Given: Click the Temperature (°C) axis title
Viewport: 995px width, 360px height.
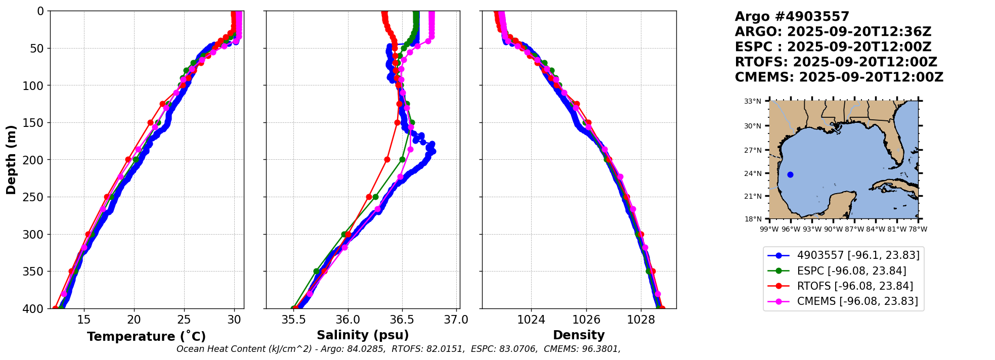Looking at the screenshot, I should [x=146, y=337].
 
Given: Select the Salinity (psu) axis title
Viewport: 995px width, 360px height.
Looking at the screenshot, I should [x=363, y=335].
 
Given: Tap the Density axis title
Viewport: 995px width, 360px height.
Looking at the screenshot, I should [x=579, y=335].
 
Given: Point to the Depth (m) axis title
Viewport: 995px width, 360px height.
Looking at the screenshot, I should [x=11, y=160].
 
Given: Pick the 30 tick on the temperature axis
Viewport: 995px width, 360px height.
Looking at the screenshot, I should [x=234, y=320].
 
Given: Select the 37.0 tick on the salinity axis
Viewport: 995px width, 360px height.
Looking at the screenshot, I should [x=456, y=320].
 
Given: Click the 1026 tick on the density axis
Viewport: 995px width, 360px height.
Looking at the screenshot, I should [x=586, y=320].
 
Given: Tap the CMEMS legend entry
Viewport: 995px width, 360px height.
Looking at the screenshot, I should [x=857, y=301].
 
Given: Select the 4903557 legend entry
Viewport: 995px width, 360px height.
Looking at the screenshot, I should [x=858, y=255].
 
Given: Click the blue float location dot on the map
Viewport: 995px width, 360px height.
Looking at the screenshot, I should [x=791, y=175].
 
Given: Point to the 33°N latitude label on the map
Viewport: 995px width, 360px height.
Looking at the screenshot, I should [x=753, y=102].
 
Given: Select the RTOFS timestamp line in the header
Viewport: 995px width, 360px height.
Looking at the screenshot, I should [x=836, y=62].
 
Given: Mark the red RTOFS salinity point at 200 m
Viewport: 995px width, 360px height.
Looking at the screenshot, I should [x=387, y=160].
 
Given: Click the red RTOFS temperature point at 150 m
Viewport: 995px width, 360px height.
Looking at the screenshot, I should [x=150, y=123].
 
